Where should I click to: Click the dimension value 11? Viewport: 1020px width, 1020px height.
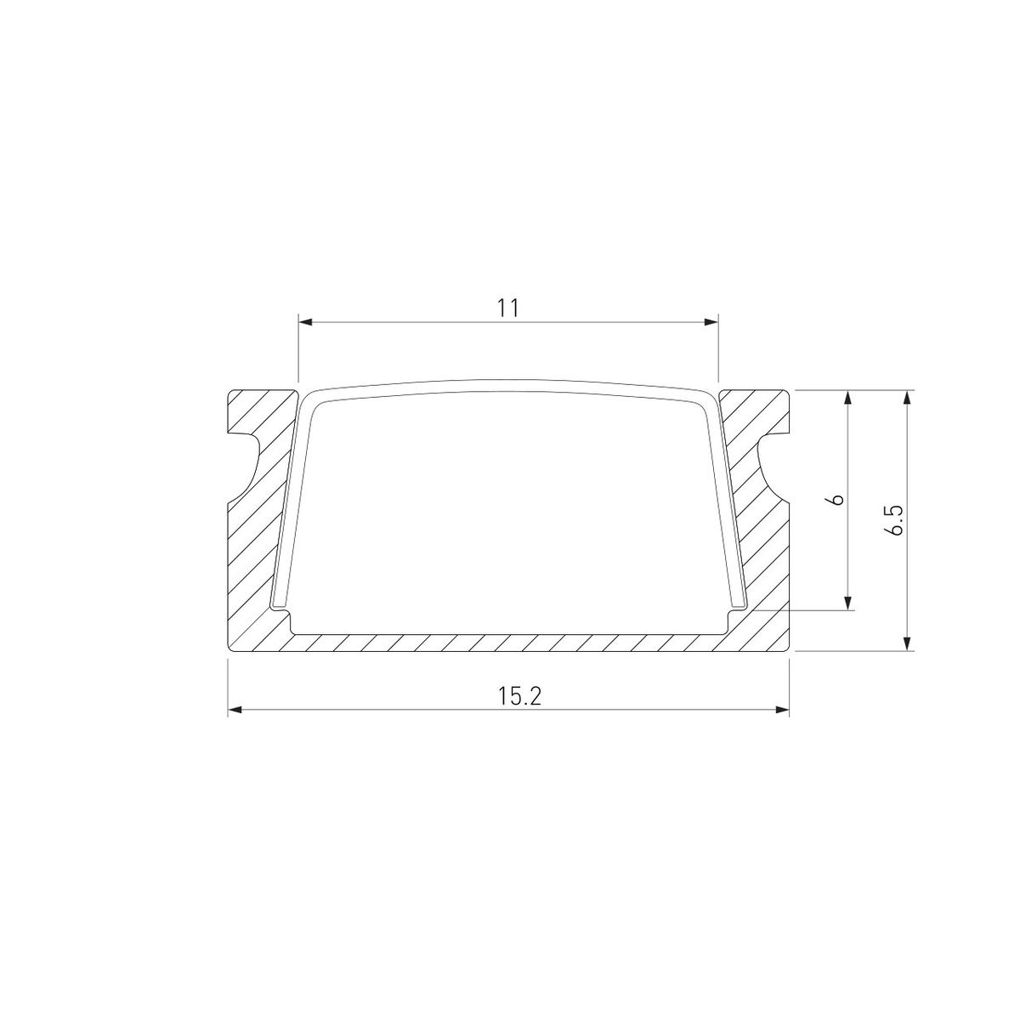[x=508, y=308]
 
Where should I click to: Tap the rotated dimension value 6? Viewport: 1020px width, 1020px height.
[x=837, y=500]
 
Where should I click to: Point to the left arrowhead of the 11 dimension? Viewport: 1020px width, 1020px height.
[x=306, y=322]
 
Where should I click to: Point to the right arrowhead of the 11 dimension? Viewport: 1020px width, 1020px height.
[x=711, y=322]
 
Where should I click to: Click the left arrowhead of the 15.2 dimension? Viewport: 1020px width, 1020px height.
[x=235, y=710]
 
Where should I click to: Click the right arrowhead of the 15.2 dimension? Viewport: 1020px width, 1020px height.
[x=782, y=710]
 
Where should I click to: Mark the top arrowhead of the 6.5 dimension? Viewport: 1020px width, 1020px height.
[x=909, y=399]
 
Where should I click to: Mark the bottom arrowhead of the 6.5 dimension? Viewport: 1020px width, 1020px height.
[x=909, y=643]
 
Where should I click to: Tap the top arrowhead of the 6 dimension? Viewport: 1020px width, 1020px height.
[x=848, y=399]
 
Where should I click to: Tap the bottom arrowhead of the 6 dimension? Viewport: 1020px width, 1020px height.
[x=848, y=603]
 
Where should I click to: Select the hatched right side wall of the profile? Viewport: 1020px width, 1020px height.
[x=765, y=552]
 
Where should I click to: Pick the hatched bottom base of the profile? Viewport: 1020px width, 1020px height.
[x=510, y=643]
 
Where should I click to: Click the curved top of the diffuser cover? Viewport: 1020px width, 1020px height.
[x=510, y=384]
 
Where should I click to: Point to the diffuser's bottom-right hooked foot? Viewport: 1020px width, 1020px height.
[x=739, y=606]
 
